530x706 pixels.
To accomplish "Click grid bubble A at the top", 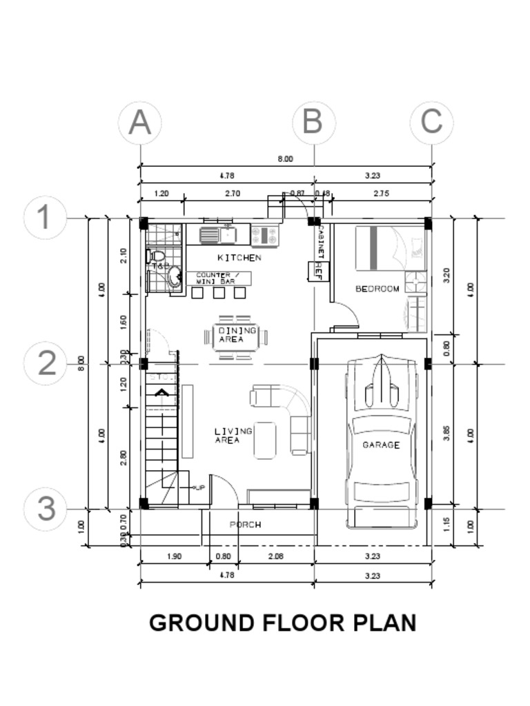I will (x=140, y=123).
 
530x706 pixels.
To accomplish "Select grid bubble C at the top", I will (x=431, y=123).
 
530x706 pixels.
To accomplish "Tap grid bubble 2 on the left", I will (x=46, y=363).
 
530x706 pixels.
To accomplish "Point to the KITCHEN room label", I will (x=239, y=258).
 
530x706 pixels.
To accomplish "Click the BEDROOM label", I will (x=377, y=289).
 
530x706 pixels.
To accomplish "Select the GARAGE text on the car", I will (x=381, y=445).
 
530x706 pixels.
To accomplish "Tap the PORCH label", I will (x=245, y=525).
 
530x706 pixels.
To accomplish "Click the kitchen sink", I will (x=217, y=235).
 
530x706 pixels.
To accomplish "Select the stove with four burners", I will (x=264, y=236).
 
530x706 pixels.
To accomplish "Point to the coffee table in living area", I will (x=265, y=440).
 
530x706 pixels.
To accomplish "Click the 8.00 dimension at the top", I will (x=285, y=159).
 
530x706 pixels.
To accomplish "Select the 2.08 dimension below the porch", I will (x=274, y=556).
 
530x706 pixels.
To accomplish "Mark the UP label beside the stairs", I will (x=200, y=487).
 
